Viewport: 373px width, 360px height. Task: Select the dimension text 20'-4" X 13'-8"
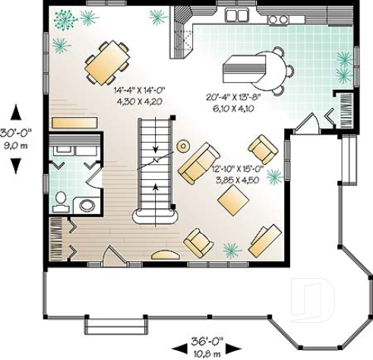(x=234, y=96)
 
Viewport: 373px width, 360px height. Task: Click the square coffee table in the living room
(x=232, y=200)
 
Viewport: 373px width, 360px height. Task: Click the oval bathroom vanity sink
(x=87, y=204)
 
